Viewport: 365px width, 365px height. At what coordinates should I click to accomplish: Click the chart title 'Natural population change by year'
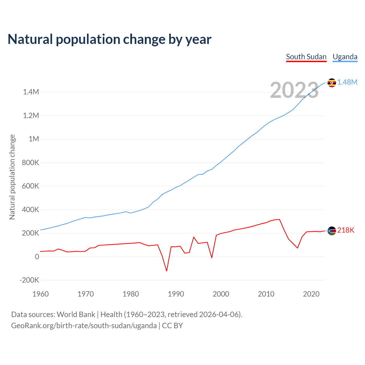click(109, 39)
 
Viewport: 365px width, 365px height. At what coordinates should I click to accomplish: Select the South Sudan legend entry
click(306, 57)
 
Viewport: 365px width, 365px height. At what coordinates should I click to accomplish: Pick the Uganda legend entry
click(345, 57)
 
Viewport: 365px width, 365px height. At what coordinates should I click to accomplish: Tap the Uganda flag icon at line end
click(332, 83)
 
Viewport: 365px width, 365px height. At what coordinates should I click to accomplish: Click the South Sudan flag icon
click(332, 231)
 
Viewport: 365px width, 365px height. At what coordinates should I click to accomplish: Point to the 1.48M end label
click(347, 82)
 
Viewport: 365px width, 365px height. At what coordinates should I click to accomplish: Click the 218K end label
click(346, 230)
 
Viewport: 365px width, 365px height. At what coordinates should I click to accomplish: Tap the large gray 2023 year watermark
click(294, 90)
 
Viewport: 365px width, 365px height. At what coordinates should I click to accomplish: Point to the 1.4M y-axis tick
click(31, 92)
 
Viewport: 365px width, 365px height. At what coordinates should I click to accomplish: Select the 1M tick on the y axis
click(34, 139)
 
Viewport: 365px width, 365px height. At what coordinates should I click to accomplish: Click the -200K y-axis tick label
click(29, 280)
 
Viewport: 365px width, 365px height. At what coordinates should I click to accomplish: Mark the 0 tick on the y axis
click(37, 257)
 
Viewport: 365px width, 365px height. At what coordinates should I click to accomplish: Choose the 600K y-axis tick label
click(31, 186)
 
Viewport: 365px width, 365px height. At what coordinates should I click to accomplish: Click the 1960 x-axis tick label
click(40, 294)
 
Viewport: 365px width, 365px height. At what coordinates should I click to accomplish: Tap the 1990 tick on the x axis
click(176, 294)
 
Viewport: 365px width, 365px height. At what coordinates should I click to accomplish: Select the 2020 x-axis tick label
click(311, 294)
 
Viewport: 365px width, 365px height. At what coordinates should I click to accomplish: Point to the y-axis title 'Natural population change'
click(12, 177)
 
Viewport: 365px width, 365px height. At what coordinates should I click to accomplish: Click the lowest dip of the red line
click(167, 271)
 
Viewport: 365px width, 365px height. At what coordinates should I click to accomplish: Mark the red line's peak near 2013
click(279, 219)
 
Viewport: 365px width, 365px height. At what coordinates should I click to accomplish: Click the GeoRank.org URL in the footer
click(84, 326)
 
